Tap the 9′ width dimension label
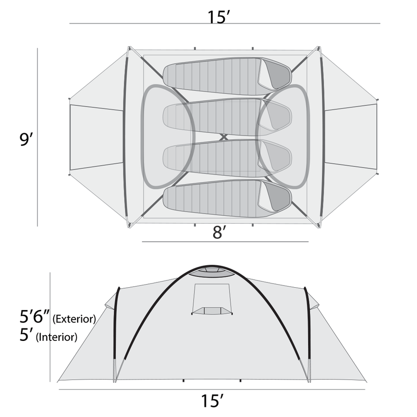27,139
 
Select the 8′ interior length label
219,232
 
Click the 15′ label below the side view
212,401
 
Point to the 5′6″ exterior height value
34,316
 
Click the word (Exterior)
74,319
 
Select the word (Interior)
57,337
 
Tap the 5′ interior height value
27,335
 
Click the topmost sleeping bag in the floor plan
227,76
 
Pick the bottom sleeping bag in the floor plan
227,199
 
